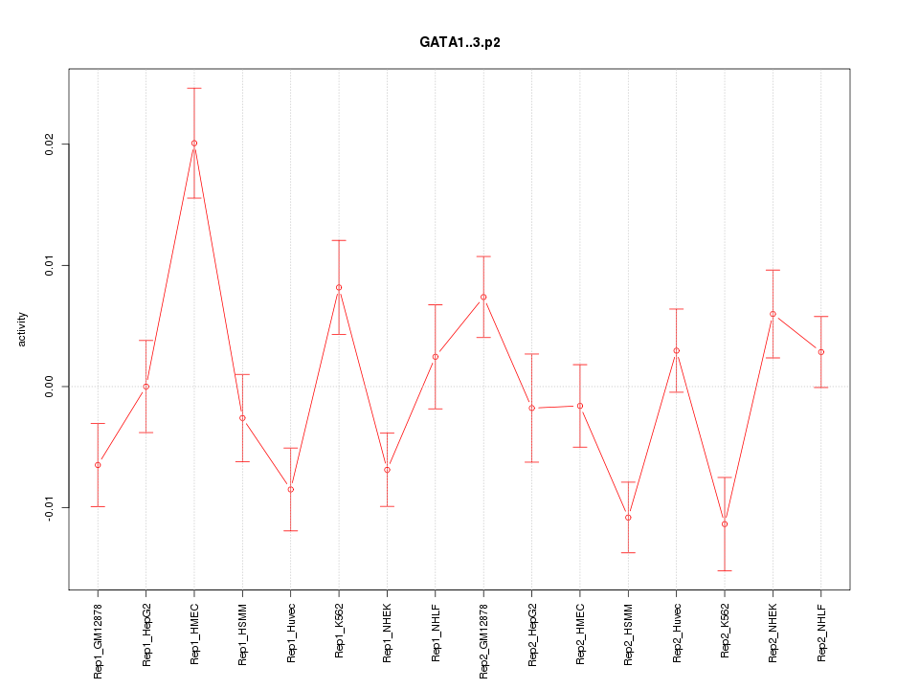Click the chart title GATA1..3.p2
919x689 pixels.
click(459, 42)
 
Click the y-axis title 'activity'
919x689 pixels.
click(23, 329)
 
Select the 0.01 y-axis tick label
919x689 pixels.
click(50, 265)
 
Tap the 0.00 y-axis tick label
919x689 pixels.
click(50, 387)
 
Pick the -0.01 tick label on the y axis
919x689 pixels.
click(50, 507)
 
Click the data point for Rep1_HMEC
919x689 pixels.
click(194, 144)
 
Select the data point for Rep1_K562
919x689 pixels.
click(339, 288)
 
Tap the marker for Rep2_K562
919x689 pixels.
click(725, 524)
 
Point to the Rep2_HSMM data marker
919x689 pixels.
click(628, 518)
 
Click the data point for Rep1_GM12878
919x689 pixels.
click(98, 465)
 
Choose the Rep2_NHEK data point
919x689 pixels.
click(773, 314)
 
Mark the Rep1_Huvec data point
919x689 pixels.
click(291, 489)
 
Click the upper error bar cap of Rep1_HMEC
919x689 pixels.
click(194, 88)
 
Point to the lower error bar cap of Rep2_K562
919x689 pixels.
click(725, 570)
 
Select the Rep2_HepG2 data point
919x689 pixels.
click(531, 408)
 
